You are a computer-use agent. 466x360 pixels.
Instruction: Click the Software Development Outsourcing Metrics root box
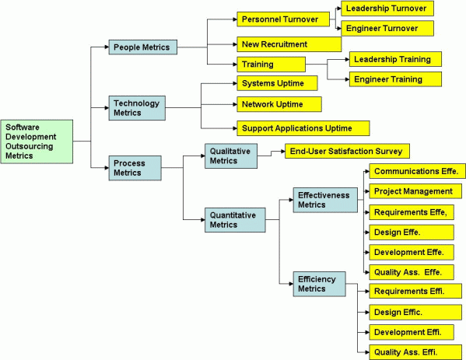coord(37,141)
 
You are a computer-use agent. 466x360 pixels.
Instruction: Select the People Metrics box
coord(141,48)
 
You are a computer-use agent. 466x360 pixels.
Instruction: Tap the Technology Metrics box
coord(138,108)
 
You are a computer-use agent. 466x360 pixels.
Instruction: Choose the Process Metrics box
coord(135,167)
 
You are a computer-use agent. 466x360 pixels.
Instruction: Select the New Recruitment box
coord(279,44)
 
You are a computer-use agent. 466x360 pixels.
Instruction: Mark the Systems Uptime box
coord(276,83)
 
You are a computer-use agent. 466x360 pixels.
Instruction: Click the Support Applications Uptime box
coord(302,128)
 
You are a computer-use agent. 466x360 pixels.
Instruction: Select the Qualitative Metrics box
coord(231,156)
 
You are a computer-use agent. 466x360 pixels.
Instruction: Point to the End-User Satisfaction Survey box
coord(347,151)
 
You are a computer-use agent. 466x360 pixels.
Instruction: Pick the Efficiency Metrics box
coord(320,283)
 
